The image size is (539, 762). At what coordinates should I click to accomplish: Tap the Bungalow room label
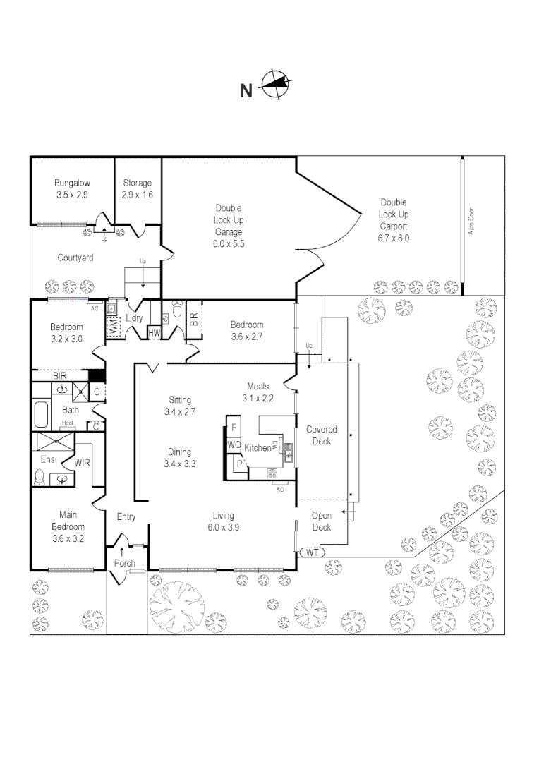pyautogui.click(x=72, y=188)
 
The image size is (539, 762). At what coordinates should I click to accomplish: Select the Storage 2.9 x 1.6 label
pyautogui.click(x=138, y=188)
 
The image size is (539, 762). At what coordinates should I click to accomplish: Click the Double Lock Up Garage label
pyautogui.click(x=229, y=225)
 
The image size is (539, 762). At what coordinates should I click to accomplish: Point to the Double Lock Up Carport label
pyautogui.click(x=393, y=220)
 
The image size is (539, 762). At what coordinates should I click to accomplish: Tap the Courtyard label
pyautogui.click(x=75, y=258)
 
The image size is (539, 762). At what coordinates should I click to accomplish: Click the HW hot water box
pyautogui.click(x=155, y=332)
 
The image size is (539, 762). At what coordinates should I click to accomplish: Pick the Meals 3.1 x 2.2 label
pyautogui.click(x=258, y=392)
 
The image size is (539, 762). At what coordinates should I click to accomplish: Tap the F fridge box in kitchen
pyautogui.click(x=234, y=427)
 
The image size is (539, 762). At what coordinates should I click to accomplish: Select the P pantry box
pyautogui.click(x=239, y=464)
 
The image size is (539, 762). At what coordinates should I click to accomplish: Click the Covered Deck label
pyautogui.click(x=321, y=435)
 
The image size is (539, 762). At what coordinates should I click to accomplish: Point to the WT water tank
pyautogui.click(x=312, y=553)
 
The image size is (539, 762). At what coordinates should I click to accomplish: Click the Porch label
pyautogui.click(x=125, y=563)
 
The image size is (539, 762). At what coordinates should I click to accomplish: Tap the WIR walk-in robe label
pyautogui.click(x=84, y=463)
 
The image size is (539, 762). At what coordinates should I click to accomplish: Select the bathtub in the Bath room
pyautogui.click(x=39, y=414)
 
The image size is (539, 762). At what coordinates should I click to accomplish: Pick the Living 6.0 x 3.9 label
pyautogui.click(x=221, y=521)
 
